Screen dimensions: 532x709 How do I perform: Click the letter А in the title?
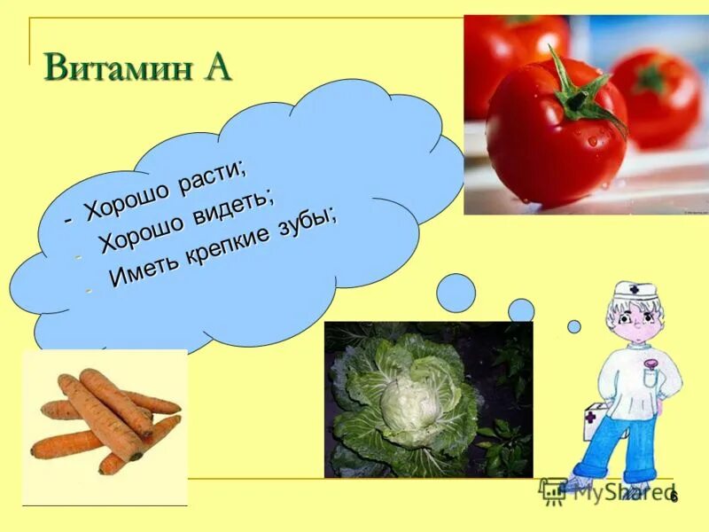216,66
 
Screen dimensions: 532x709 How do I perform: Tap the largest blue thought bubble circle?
456,293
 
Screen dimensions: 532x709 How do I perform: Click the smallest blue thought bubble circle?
573,326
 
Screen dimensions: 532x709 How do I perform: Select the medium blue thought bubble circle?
521,310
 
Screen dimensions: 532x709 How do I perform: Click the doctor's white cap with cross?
636,291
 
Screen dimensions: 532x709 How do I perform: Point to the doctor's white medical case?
595,423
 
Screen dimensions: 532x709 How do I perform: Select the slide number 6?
674,496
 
